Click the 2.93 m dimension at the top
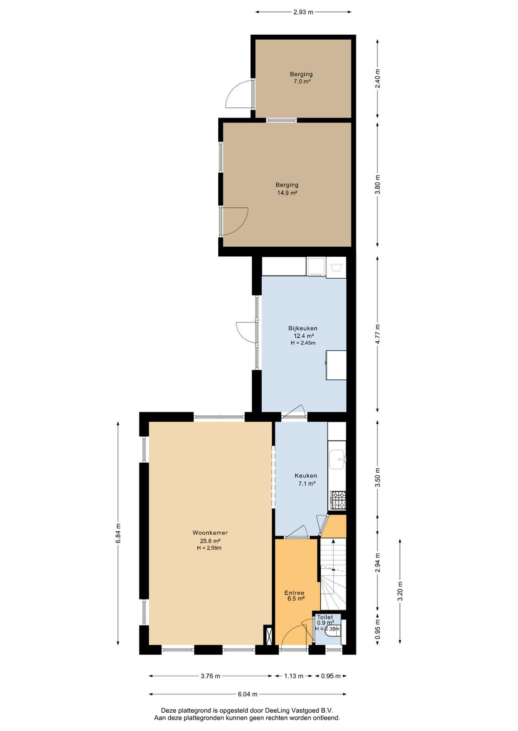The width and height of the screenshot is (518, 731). (303, 12)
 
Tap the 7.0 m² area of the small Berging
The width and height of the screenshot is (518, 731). (301, 82)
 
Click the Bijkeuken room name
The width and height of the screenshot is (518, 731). (302, 328)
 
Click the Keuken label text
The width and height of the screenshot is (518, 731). (306, 476)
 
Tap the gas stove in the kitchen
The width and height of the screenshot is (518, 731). (338, 500)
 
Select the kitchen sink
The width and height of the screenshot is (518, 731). (337, 460)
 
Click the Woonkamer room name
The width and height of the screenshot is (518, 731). (210, 533)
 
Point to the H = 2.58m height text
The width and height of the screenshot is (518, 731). (209, 548)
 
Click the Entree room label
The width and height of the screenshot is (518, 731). (294, 593)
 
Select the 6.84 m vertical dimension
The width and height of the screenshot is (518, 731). (118, 533)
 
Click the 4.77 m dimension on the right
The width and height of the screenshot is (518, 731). (378, 334)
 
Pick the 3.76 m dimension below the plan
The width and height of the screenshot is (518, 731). (210, 676)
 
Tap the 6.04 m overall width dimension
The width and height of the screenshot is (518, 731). (248, 694)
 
